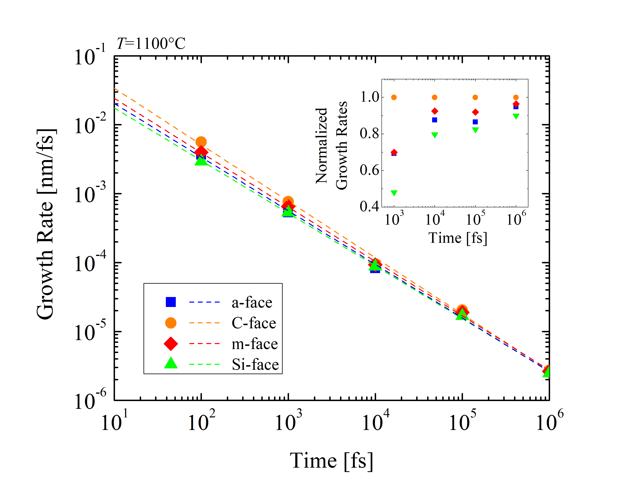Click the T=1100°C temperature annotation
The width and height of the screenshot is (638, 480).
tap(151, 44)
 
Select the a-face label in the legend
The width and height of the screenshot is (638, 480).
tap(252, 303)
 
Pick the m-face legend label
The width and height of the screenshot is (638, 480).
tap(255, 344)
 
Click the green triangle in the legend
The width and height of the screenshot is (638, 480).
tap(171, 363)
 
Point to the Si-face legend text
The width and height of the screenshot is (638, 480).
tap(255, 364)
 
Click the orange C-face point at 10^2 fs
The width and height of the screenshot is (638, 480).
tap(201, 142)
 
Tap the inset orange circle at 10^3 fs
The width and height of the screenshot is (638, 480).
tap(394, 97)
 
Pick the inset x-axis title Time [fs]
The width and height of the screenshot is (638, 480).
tap(458, 238)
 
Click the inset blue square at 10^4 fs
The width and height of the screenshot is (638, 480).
tap(435, 120)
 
